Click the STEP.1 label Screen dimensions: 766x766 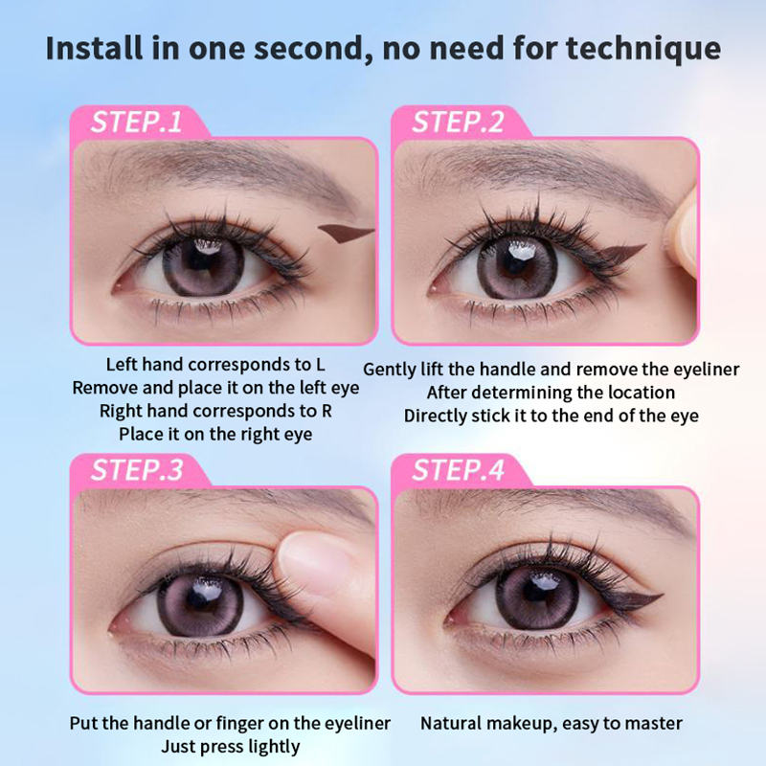(x=136, y=123)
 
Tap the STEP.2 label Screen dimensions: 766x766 (x=458, y=123)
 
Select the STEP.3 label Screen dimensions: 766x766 (x=137, y=470)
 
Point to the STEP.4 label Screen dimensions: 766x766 (x=459, y=470)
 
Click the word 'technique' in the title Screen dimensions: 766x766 (x=643, y=50)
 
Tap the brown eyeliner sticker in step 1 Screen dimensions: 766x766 (x=346, y=234)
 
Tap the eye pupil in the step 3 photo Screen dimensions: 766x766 (x=201, y=600)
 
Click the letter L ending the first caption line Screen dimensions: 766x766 (x=320, y=365)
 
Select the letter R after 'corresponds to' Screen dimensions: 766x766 (x=327, y=411)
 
